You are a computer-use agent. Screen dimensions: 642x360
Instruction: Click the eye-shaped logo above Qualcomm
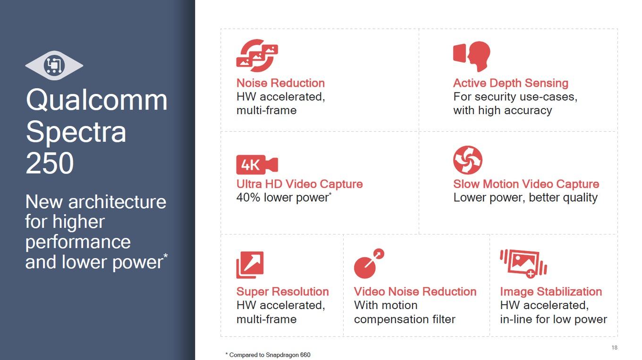(x=54, y=66)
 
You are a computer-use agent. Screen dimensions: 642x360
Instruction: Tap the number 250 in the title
(x=50, y=163)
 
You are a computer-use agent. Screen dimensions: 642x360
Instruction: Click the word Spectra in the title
(x=76, y=132)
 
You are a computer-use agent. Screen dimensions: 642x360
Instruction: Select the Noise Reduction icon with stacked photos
(x=257, y=55)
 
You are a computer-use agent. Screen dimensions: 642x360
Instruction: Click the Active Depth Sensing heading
(x=510, y=83)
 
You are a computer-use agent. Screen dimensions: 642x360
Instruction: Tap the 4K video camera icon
(x=257, y=165)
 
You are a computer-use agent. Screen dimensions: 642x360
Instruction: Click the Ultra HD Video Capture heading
(x=299, y=184)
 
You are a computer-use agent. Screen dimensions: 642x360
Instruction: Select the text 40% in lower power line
(x=248, y=198)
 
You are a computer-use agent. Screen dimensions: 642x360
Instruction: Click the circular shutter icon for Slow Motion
(x=468, y=160)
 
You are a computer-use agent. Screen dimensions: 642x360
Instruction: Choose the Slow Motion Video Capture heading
(x=526, y=184)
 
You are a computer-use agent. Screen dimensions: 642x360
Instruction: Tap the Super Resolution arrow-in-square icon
(x=250, y=265)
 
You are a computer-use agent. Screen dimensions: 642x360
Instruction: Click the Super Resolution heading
(x=283, y=292)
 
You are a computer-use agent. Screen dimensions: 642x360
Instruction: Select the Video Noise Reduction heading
(x=415, y=292)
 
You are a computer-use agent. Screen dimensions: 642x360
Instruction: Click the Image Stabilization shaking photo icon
(x=524, y=263)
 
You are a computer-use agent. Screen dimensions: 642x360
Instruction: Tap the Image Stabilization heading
(x=551, y=292)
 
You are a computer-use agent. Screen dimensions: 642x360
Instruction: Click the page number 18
(x=615, y=347)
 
